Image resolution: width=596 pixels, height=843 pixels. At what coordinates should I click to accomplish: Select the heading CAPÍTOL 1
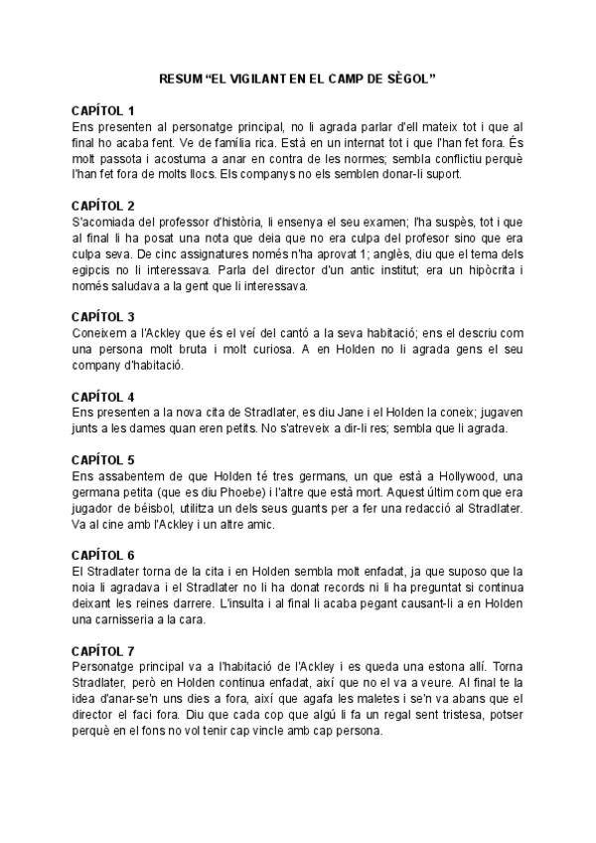(x=103, y=110)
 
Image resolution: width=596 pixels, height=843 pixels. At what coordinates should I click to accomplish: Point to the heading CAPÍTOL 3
(x=103, y=317)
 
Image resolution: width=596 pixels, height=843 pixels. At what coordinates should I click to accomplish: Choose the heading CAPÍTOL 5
(x=103, y=460)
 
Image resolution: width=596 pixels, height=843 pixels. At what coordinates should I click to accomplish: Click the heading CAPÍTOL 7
(x=103, y=650)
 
